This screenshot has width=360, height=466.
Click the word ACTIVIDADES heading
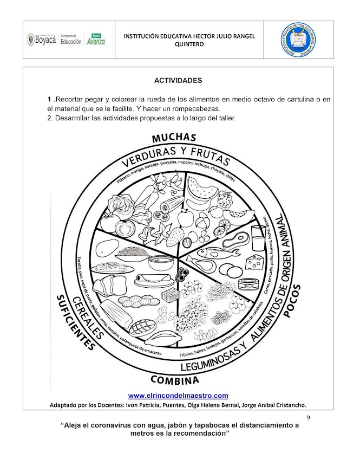click(178, 81)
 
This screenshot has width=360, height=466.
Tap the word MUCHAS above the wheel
click(174, 138)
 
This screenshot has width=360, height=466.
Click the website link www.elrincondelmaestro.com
click(178, 395)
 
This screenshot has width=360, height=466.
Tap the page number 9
click(308, 417)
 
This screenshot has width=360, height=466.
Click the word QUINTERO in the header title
click(189, 44)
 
